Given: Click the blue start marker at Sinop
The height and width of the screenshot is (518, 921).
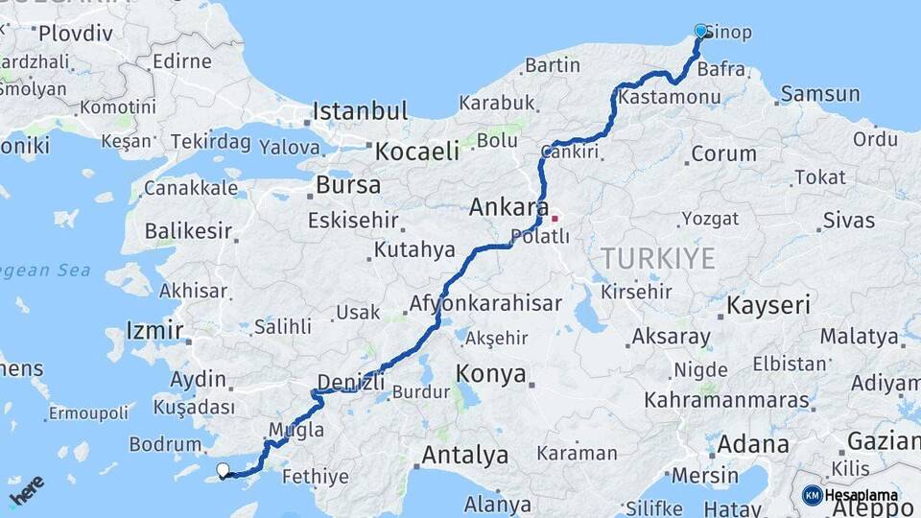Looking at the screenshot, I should [x=700, y=31].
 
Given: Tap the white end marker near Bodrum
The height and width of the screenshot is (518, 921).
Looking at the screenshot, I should [x=224, y=470].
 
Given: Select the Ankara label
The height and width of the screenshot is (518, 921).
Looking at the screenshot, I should [x=508, y=207].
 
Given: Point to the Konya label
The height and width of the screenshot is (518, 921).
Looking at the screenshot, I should [x=491, y=373].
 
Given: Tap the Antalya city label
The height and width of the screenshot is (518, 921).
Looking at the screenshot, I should [x=464, y=455].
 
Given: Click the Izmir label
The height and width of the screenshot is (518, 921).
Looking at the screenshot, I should [x=154, y=331].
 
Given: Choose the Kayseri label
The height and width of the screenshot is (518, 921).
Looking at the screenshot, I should [x=768, y=306].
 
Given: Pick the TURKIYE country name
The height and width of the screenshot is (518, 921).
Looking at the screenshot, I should [x=658, y=258].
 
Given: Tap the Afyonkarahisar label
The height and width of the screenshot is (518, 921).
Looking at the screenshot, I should [x=485, y=303].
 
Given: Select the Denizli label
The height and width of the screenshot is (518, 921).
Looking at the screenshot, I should [x=350, y=382].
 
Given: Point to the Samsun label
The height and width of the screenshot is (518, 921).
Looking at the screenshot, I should [x=820, y=94].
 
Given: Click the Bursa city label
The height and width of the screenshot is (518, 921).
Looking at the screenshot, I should [x=348, y=184].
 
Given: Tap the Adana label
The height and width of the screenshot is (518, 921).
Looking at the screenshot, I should [x=753, y=444].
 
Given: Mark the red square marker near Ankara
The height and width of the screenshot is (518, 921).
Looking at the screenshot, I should [x=555, y=218].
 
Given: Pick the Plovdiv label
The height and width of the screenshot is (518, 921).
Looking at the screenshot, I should [x=76, y=33].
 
